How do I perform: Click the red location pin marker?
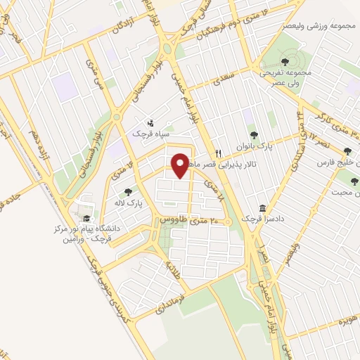(x=181, y=165)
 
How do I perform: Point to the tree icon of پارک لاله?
(x=128, y=191)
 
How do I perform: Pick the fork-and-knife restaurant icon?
(x=219, y=153)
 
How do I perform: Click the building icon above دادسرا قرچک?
(x=262, y=209)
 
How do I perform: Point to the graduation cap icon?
(x=87, y=219)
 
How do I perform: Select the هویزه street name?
(x=344, y=319)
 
